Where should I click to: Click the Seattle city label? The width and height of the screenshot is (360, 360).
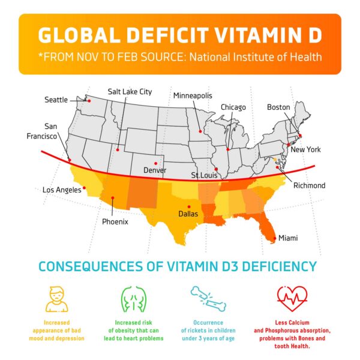pos(56,100)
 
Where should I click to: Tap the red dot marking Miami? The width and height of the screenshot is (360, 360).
pos(275,238)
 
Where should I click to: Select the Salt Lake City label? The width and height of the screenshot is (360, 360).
pos(130,92)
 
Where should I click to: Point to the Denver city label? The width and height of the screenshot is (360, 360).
pos(154,170)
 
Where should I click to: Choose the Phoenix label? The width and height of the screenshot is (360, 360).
pos(115,221)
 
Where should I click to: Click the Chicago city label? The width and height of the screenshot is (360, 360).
pos(233,107)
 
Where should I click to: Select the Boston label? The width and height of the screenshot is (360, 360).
pos(278,107)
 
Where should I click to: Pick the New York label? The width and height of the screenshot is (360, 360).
pos(305,149)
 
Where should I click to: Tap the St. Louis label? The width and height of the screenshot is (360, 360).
pos(204,176)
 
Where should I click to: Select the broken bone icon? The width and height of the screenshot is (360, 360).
pos(208,296)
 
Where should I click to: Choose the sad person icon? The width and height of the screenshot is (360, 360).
pos(58,298)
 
